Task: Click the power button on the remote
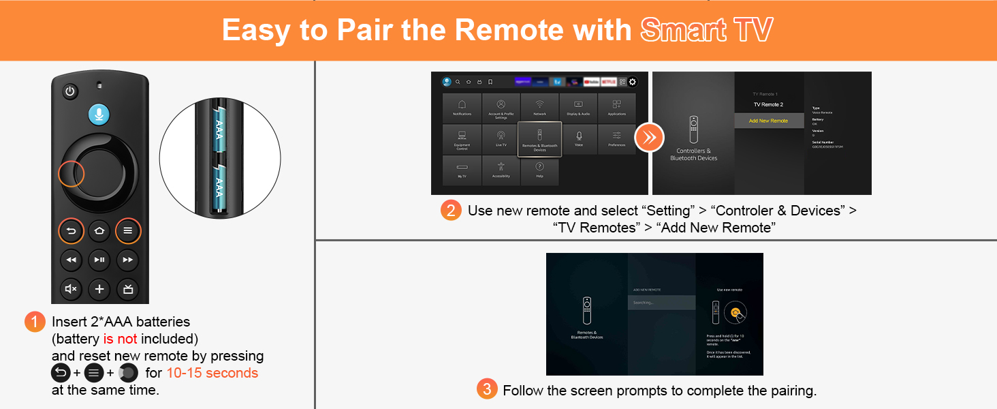(x=70, y=91)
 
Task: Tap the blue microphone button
(x=99, y=115)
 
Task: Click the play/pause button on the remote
(x=99, y=260)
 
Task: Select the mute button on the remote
(x=71, y=289)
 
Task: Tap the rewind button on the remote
(x=71, y=260)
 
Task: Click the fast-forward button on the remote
(x=127, y=260)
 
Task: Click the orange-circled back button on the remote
(x=71, y=230)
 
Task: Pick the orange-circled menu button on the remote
(x=127, y=230)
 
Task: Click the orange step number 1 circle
(x=34, y=322)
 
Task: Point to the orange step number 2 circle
(x=451, y=211)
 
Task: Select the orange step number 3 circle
(x=486, y=390)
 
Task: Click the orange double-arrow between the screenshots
(x=649, y=138)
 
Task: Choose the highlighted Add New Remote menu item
(x=768, y=121)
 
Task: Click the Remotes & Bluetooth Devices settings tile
(x=539, y=139)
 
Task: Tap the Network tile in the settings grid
(x=539, y=107)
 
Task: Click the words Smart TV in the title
(x=706, y=31)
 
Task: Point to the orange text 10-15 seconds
(x=212, y=373)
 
